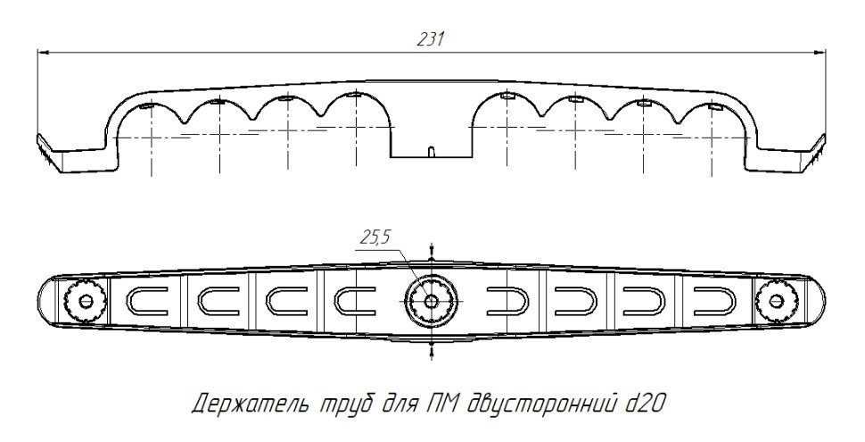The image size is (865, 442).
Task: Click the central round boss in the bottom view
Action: pos(431,301)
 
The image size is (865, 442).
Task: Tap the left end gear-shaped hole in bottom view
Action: pos(85,301)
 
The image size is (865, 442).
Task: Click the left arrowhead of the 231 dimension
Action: pos(42,53)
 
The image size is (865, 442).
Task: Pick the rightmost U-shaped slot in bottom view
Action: pos(711,301)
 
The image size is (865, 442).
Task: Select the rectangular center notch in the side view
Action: pos(431,143)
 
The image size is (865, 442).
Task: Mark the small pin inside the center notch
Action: pos(431,152)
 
